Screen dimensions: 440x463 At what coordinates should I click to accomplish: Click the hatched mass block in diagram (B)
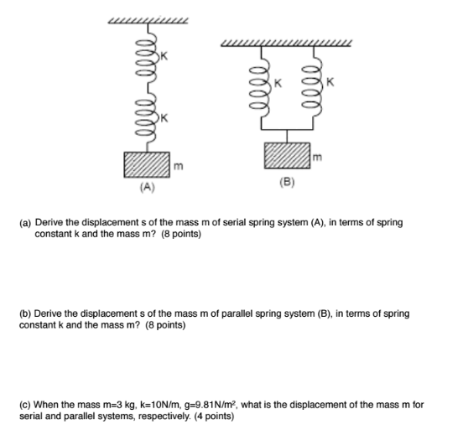click(285, 157)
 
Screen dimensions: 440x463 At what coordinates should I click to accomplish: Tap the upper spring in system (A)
click(148, 54)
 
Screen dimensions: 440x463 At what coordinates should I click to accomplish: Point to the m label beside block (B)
click(315, 156)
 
